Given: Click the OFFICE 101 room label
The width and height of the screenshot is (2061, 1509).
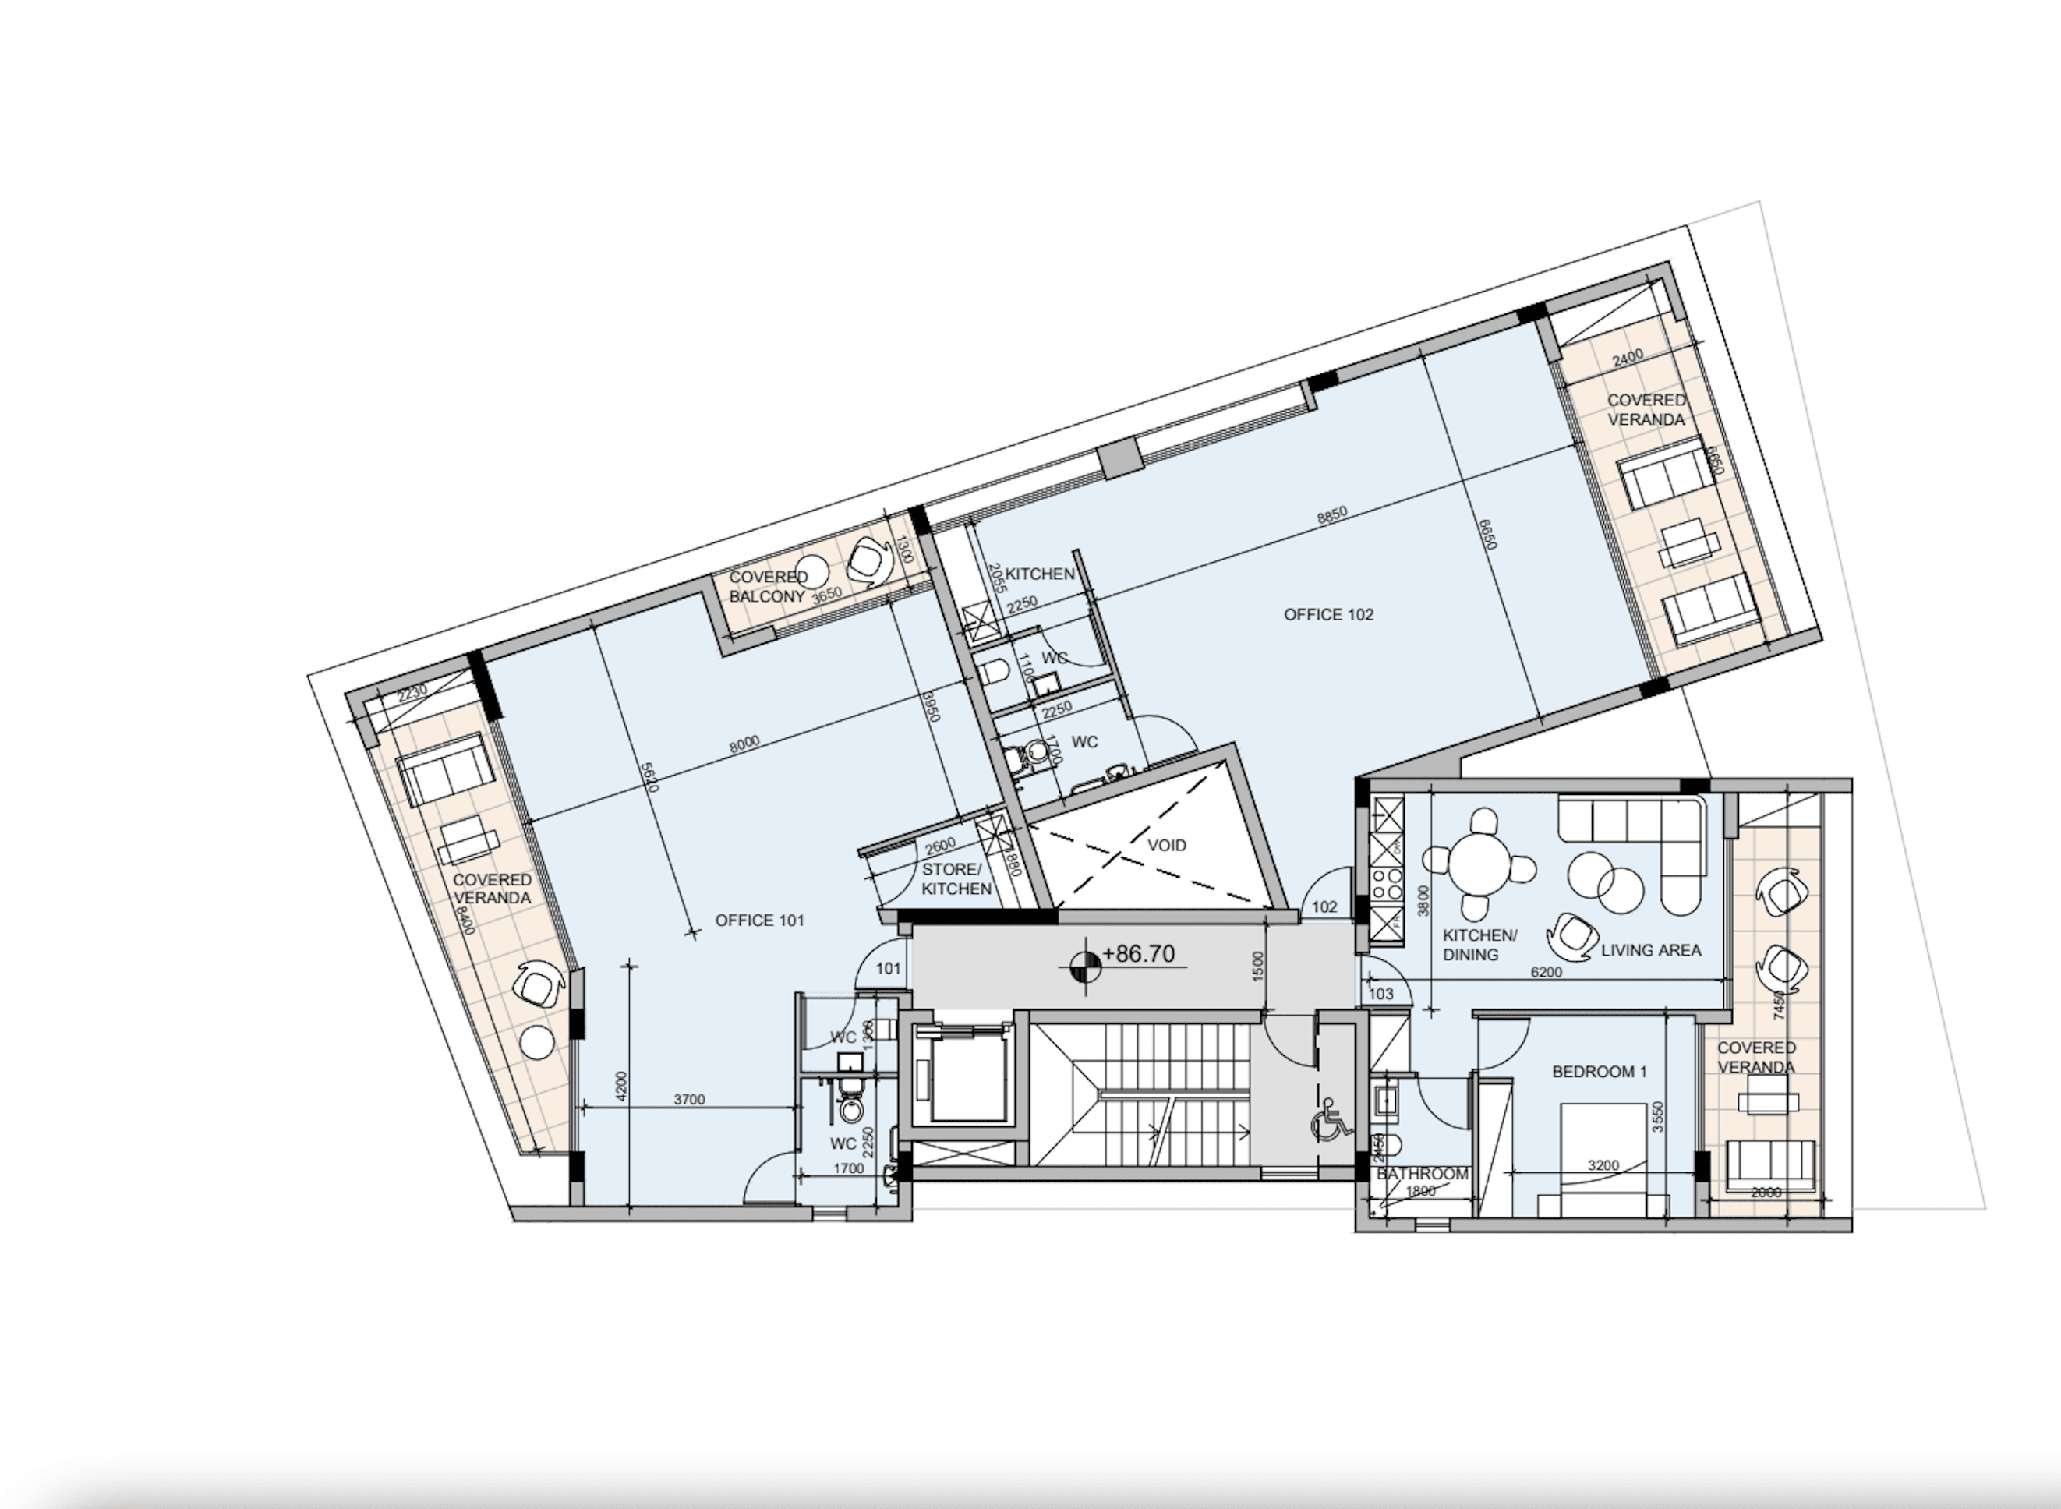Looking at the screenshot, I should click(x=759, y=920).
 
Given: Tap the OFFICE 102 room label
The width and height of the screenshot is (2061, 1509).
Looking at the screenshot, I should click(x=1328, y=615).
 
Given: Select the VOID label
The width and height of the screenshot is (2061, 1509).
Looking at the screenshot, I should click(x=1167, y=845).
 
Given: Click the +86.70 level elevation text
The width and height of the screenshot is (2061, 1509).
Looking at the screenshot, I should click(x=1138, y=955).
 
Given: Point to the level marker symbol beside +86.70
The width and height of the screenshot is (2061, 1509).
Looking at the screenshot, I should click(x=1084, y=963).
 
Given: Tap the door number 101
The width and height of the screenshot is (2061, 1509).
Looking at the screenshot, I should click(x=888, y=968).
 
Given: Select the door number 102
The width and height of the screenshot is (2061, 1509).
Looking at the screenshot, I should click(x=1324, y=907).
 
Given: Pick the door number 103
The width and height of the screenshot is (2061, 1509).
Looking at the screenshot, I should click(x=1381, y=993).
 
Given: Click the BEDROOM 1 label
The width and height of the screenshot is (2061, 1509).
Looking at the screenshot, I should click(x=1600, y=1072).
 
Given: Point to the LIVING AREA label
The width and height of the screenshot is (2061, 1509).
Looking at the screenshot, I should click(x=1651, y=950).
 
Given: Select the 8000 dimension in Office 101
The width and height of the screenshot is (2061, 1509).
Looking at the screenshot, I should click(x=744, y=744).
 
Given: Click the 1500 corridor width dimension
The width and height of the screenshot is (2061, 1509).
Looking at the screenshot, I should click(x=1258, y=967).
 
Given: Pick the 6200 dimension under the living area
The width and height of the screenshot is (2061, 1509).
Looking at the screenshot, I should click(x=1546, y=972).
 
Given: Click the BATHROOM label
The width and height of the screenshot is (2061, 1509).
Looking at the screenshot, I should click(x=1423, y=1174).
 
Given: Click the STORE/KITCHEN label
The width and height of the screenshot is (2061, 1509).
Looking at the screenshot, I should click(x=956, y=878).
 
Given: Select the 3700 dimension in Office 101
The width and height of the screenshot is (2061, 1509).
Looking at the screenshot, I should click(x=689, y=1100).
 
